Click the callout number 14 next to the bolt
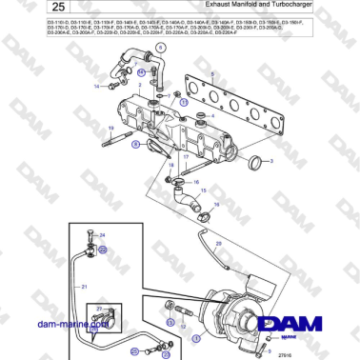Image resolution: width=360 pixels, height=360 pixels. (96, 87)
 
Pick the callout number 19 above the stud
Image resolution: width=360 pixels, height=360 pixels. (111, 129)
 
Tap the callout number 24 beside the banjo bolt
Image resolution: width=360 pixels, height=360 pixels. (103, 234)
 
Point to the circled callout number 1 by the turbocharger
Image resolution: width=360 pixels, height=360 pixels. (196, 336)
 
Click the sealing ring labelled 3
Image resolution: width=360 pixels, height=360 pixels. (253, 161)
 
